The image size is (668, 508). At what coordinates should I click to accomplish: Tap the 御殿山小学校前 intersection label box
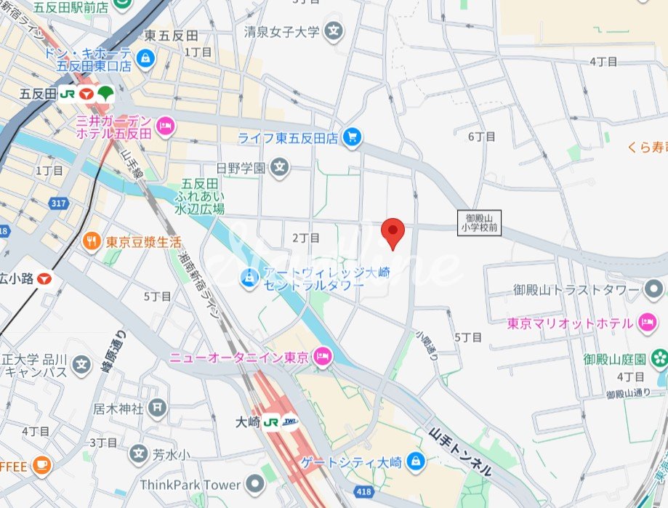click(479, 222)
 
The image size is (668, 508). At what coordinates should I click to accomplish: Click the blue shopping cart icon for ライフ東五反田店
click(353, 137)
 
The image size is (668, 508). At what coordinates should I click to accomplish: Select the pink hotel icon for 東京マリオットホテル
click(647, 321)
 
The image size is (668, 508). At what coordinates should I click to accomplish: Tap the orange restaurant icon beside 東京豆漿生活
click(92, 241)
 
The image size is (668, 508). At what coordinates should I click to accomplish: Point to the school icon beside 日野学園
click(278, 168)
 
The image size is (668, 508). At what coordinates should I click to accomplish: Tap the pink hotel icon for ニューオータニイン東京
click(323, 357)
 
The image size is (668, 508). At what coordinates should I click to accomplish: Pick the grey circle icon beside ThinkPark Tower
click(254, 484)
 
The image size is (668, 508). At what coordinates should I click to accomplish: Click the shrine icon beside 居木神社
click(157, 408)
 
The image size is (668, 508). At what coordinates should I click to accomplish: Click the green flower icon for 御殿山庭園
click(659, 358)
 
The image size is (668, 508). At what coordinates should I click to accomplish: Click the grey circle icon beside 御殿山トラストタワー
click(652, 290)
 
